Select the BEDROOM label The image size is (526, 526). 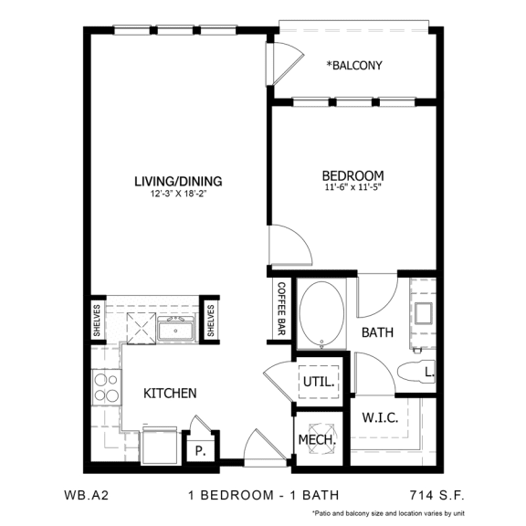click(352, 175)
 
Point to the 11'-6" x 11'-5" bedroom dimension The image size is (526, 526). click(352, 190)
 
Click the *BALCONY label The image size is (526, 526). click(354, 66)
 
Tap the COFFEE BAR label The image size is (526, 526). click(281, 311)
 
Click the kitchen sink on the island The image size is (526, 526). click(175, 328)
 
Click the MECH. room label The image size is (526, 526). click(318, 439)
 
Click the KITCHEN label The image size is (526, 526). click(170, 394)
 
